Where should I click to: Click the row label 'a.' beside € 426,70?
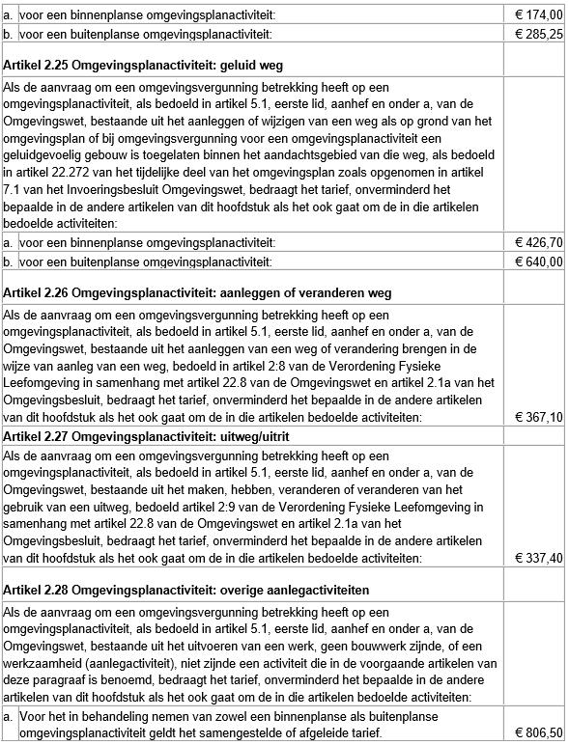click(9, 241)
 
